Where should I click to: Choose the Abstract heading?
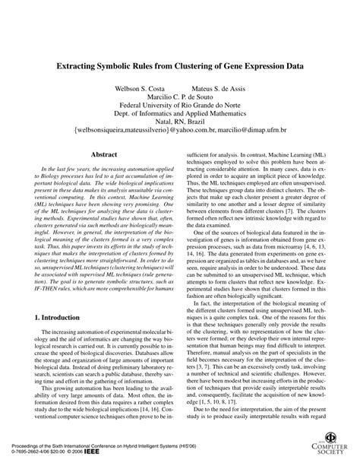pyautogui.click(x=104, y=175)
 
